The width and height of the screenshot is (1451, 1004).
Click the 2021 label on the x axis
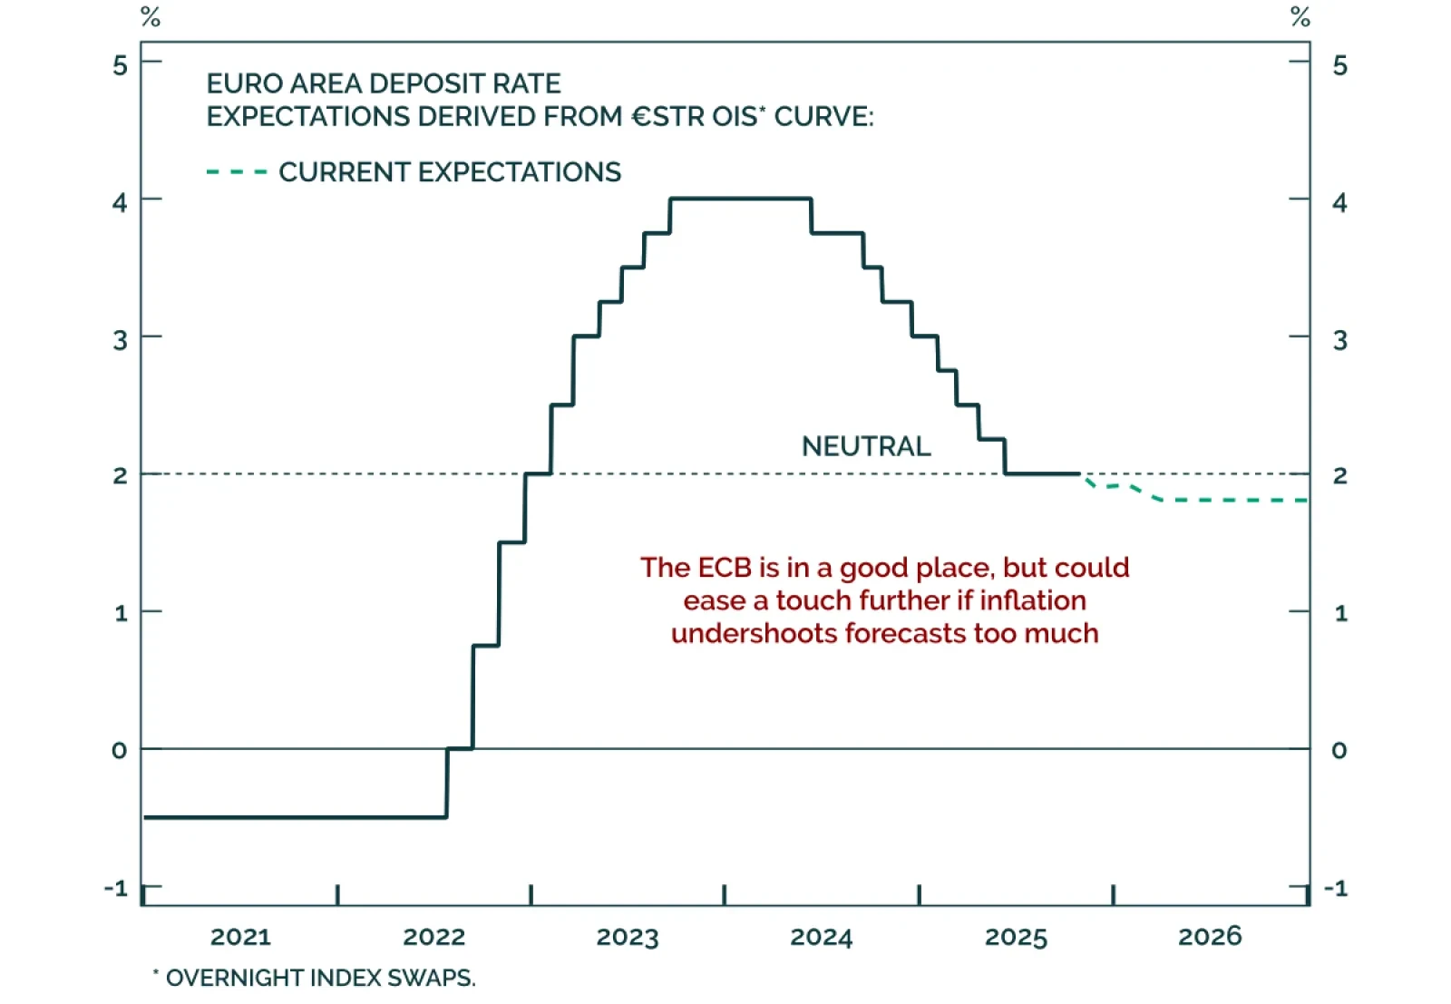240,936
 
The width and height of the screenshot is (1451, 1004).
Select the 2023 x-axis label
628,936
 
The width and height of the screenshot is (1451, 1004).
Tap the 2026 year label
1209,936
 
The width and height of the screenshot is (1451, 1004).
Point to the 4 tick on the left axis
120,201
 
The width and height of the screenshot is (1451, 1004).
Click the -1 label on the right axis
1336,888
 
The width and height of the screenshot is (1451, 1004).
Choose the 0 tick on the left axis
120,750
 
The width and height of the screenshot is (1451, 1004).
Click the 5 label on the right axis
1339,65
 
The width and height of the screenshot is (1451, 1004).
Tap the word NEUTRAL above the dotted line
866,446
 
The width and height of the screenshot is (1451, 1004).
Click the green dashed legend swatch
237,171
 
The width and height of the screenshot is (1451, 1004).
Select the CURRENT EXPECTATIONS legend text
450,171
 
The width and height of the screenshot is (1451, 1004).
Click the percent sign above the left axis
151,16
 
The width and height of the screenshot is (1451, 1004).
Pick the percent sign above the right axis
1300,16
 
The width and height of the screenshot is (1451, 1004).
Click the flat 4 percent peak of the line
740,199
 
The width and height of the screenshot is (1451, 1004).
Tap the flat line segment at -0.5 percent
295,817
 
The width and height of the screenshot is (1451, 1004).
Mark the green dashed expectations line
1233,500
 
